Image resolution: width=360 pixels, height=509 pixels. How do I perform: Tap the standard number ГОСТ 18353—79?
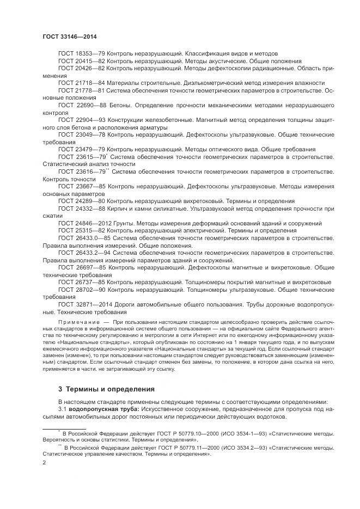point(81,54)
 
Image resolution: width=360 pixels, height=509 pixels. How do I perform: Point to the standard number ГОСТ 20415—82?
point(81,62)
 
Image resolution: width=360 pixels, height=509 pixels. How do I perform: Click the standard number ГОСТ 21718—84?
point(81,83)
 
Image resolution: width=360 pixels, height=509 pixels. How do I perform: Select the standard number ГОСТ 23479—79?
point(81,149)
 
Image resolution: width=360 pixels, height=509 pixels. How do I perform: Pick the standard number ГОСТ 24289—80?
point(81,201)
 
